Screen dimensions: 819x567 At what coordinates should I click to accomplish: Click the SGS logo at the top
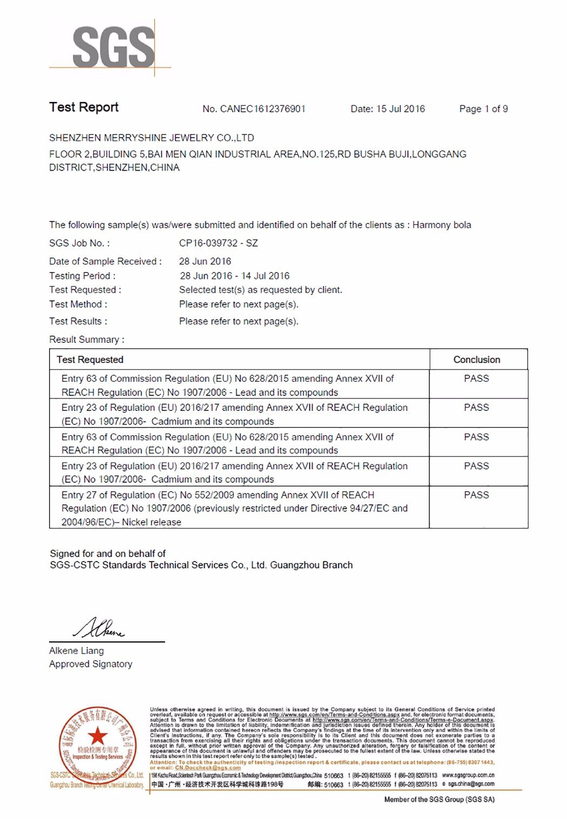click(113, 48)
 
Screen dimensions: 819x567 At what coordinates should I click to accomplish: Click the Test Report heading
click(84, 107)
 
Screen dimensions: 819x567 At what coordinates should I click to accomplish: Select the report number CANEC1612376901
click(262, 109)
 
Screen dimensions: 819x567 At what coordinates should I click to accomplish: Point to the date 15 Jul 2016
click(400, 109)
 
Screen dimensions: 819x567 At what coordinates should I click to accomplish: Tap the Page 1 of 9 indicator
click(483, 109)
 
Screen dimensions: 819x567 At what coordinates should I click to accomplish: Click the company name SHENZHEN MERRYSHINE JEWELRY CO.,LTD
click(151, 138)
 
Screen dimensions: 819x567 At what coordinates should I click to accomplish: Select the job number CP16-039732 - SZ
click(218, 243)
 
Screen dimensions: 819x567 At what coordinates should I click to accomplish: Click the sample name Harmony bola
click(442, 225)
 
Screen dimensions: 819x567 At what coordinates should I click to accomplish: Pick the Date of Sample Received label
click(105, 261)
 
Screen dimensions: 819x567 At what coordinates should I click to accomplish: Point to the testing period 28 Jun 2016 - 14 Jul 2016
click(234, 276)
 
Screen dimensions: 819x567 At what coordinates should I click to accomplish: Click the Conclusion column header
click(476, 360)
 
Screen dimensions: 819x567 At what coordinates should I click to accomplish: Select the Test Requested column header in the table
click(90, 360)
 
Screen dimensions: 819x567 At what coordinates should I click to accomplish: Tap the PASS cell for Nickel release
click(476, 495)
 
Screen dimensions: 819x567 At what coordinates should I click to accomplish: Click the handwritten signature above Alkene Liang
click(99, 628)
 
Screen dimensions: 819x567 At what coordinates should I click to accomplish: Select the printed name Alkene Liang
click(76, 651)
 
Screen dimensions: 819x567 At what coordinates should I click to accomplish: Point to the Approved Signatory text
click(91, 664)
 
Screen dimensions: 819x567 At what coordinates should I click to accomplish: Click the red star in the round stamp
click(97, 735)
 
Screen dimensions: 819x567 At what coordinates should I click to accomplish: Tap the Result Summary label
click(86, 340)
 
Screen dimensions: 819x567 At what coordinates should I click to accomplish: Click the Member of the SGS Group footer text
click(439, 800)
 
